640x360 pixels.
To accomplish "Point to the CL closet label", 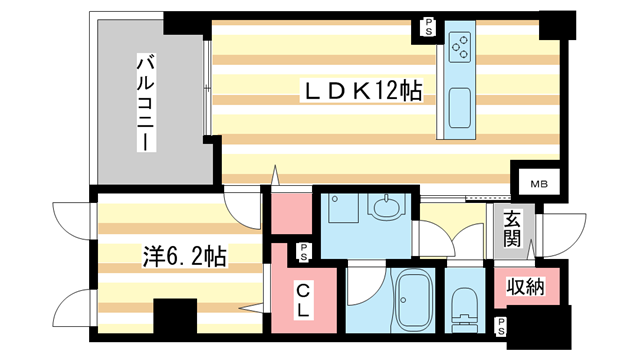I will pyautogui.click(x=303, y=299).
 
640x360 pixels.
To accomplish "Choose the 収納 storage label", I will pyautogui.click(x=525, y=288).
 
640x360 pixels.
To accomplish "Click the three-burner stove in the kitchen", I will pyautogui.click(x=461, y=44).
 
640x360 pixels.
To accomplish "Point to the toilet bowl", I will pyautogui.click(x=465, y=306).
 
